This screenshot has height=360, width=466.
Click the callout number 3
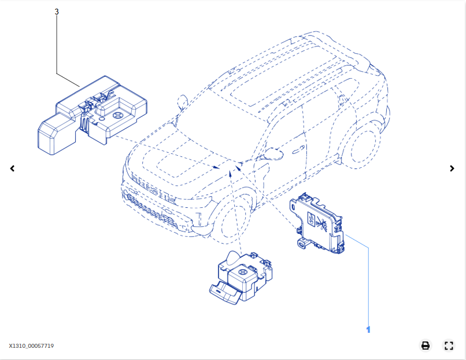tap(57, 12)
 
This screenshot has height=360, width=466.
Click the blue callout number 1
tap(368, 330)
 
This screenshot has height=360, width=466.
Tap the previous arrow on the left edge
tap(12, 168)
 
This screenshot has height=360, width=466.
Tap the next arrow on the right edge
tap(452, 168)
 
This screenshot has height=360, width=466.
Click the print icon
tap(426, 346)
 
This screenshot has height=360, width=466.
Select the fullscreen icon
tap(449, 346)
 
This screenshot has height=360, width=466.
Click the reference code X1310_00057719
tap(31, 346)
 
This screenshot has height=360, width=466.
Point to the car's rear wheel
tap(362, 146)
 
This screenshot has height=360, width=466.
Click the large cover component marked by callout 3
tap(92, 115)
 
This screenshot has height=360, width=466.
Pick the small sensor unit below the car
tap(241, 277)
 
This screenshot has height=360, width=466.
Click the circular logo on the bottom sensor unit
tap(242, 271)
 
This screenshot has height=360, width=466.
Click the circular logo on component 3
tap(117, 115)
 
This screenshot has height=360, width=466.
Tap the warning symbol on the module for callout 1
tap(322, 224)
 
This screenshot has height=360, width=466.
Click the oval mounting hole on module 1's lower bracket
tap(301, 245)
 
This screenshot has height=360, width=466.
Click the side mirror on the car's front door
tap(273, 155)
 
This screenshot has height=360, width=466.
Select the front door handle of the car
tap(298, 150)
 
